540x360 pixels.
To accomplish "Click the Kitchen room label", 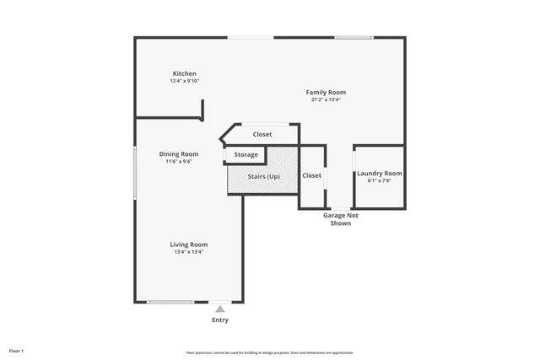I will (185, 73).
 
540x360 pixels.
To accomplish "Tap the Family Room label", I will (326, 92).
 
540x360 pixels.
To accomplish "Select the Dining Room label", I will (179, 153).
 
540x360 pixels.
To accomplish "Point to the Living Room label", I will (189, 244).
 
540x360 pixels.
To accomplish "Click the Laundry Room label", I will (379, 173).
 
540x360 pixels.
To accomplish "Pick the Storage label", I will (246, 155).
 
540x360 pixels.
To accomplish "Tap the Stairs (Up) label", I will (263, 176).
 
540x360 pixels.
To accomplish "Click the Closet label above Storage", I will (262, 134).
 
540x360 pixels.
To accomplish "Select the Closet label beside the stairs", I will (311, 175).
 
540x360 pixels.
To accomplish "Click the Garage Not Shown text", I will (341, 219).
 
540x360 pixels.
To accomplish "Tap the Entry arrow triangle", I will (220, 309).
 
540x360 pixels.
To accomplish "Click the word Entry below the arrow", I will (220, 320).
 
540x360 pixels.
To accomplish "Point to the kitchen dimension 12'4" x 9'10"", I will (185, 81).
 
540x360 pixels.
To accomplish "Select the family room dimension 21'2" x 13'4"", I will (326, 99).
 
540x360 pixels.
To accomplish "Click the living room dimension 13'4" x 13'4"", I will (189, 251).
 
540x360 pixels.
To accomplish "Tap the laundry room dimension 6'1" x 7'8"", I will (379, 180).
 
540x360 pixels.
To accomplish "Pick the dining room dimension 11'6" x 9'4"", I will (179, 161).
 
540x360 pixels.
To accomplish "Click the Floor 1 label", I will (17, 350).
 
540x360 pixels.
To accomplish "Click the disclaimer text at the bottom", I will (270, 352).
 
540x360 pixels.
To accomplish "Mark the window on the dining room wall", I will (135, 174).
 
